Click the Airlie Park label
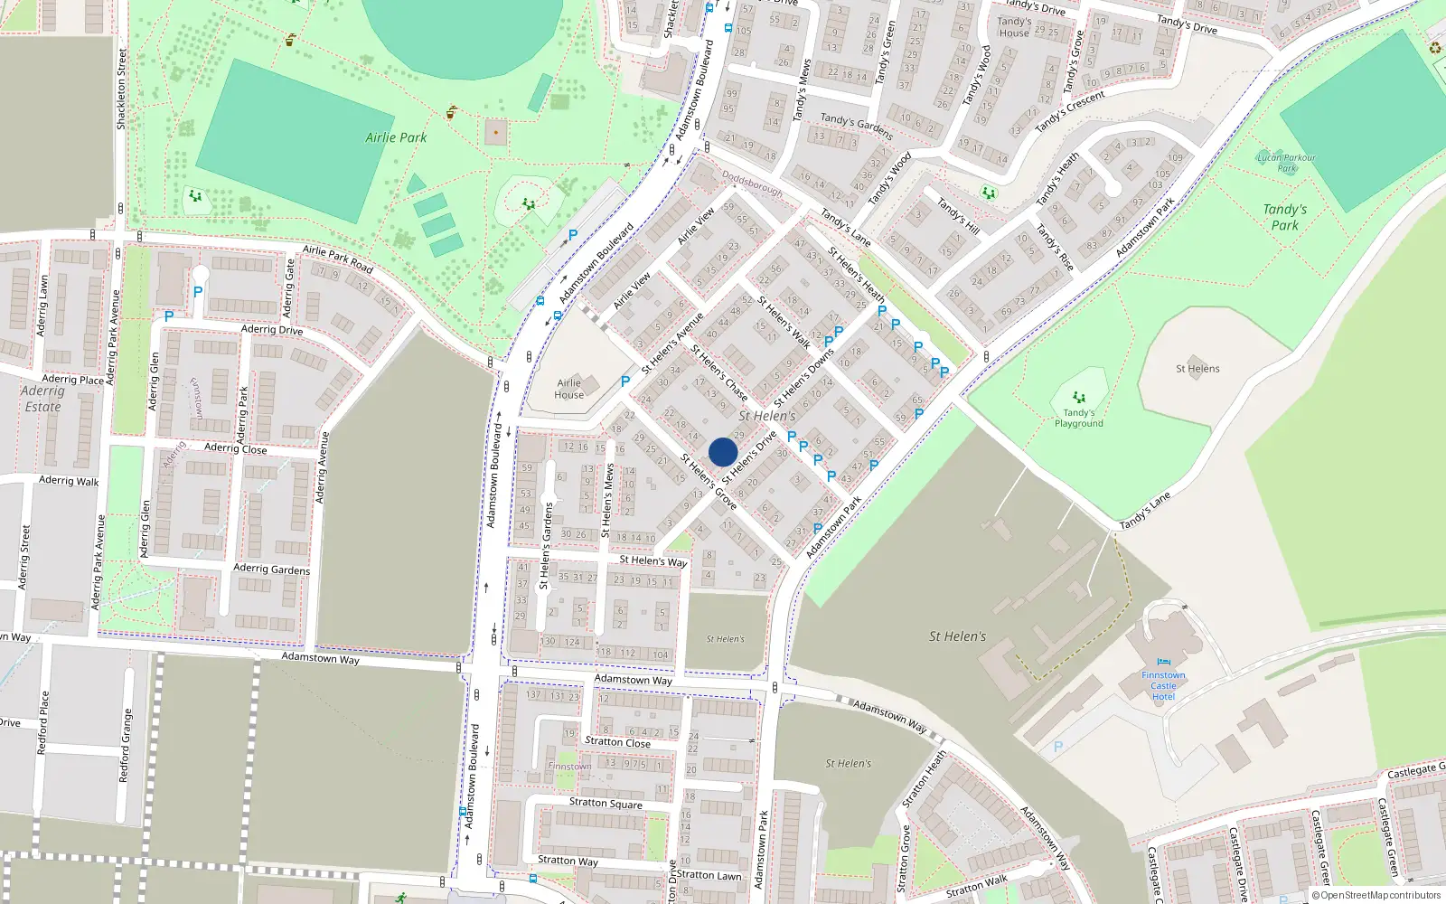[x=396, y=137]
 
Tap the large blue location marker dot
[x=723, y=452]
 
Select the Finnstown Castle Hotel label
[x=1163, y=686]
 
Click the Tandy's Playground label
[x=1078, y=419]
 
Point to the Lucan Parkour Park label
[x=1286, y=163]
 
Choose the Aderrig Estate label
[x=42, y=399]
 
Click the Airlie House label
[x=568, y=389]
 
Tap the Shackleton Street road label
[x=121, y=89]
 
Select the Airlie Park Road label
[x=337, y=259]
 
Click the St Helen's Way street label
[x=653, y=560]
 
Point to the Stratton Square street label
[x=606, y=803]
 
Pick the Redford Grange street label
[x=126, y=746]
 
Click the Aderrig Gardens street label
[x=271, y=569]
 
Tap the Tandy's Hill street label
[x=958, y=215]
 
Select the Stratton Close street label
[x=617, y=742]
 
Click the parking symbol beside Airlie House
[x=625, y=381]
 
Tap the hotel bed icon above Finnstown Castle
[x=1163, y=663]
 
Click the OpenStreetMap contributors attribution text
[x=1376, y=896]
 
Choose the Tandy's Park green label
[x=1284, y=217]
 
